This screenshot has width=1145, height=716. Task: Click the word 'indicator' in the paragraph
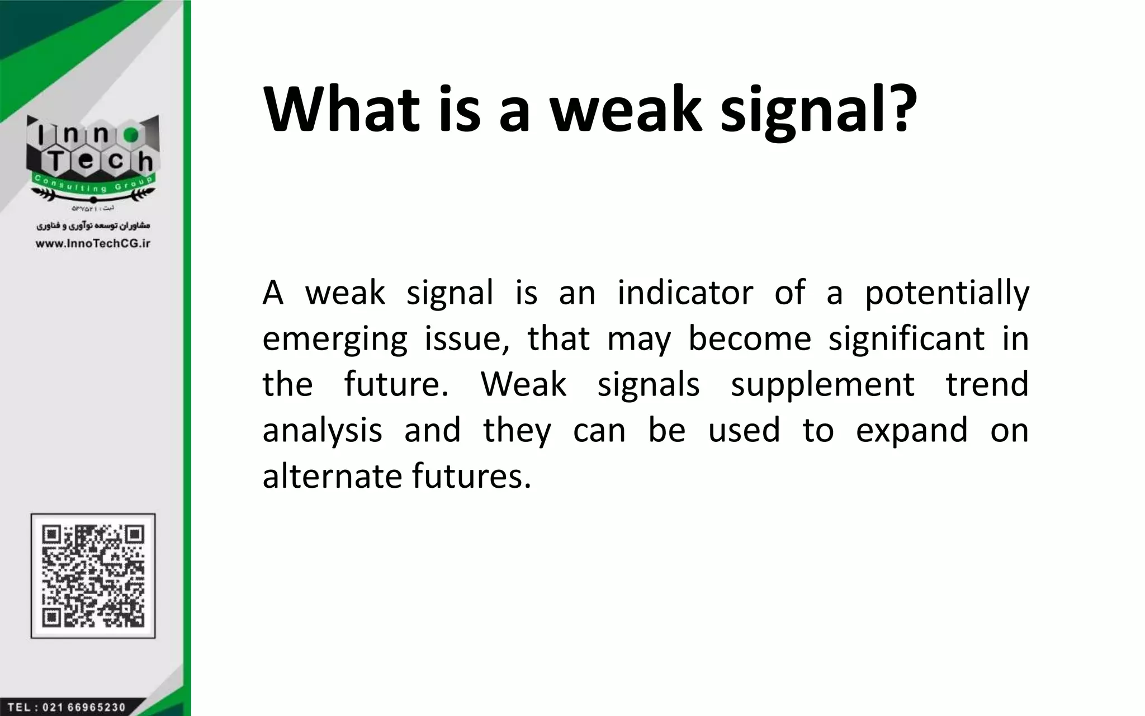coord(685,293)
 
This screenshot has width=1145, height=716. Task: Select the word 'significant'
coord(906,339)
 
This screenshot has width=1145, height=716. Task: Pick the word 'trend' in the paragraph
coord(987,385)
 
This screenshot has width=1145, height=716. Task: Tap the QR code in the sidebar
coord(93,576)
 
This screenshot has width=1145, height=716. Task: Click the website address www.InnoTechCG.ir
coord(93,243)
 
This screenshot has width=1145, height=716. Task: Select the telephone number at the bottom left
coord(67,707)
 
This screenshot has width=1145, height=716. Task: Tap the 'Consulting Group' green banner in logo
coord(93,183)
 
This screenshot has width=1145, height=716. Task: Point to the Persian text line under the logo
coord(93,226)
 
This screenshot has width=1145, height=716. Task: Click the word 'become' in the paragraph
coord(749,339)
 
